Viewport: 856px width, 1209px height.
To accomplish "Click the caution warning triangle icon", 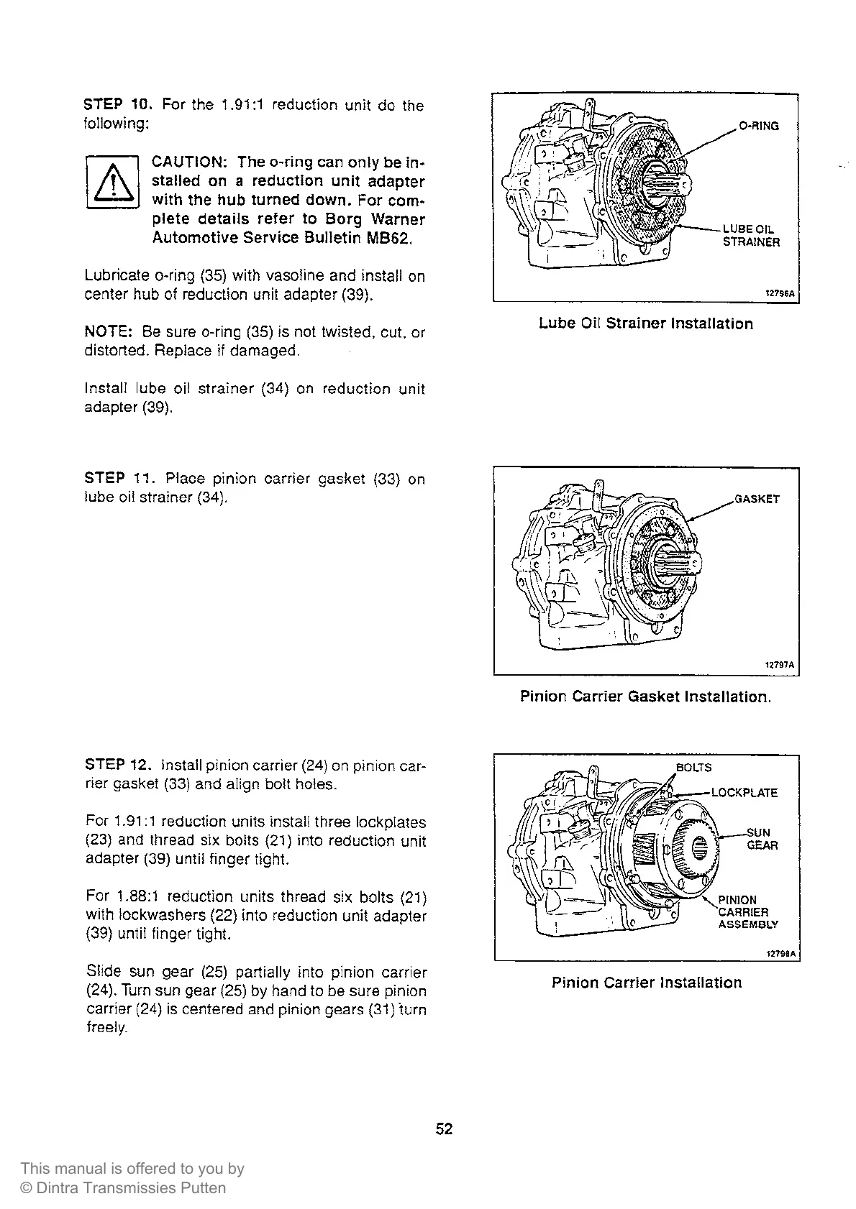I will [x=111, y=181].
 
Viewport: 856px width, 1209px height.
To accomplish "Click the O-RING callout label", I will [x=759, y=127].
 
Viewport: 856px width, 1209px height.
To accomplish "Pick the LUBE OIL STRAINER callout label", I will [x=751, y=236].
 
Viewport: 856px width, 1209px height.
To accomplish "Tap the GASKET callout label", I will [x=757, y=499].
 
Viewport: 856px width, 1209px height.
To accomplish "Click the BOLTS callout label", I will [x=694, y=768].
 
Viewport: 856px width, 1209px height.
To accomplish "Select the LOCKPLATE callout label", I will [x=745, y=794].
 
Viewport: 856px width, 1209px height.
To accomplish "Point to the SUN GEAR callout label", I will [x=761, y=839].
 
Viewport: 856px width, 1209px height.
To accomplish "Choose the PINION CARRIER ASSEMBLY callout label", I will [x=747, y=912].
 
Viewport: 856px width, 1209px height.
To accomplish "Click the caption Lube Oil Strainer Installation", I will [x=646, y=324].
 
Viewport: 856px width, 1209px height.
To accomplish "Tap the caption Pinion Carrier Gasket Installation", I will [x=645, y=697].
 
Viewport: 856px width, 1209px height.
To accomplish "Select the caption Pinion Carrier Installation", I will [x=646, y=983].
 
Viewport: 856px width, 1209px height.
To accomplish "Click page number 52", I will [x=445, y=1129].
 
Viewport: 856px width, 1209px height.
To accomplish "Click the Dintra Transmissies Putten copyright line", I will [x=123, y=1189].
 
